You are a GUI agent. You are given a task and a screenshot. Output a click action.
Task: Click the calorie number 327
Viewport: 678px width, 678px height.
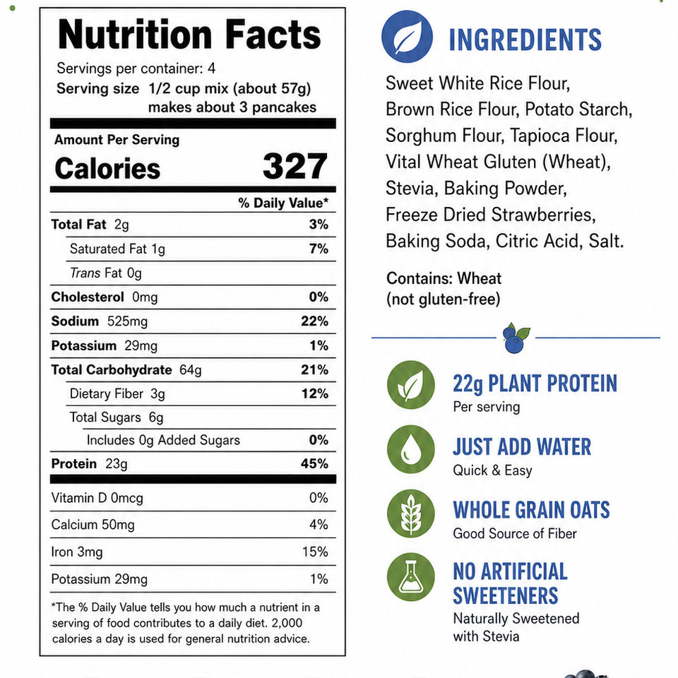295,166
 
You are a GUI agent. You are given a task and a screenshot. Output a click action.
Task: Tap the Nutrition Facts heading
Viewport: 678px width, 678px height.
189,35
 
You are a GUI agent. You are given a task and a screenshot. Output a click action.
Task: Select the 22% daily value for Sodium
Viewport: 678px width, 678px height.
314,321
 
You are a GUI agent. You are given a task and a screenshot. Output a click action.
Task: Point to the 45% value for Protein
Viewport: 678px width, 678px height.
314,463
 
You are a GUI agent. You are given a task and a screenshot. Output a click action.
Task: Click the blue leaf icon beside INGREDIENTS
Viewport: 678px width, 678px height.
407,37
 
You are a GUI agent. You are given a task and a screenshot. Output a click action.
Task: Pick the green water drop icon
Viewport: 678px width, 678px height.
411,449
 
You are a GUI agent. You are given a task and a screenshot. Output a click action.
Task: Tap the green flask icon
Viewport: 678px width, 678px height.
411,577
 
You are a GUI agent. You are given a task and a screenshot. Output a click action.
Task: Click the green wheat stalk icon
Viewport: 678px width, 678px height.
411,513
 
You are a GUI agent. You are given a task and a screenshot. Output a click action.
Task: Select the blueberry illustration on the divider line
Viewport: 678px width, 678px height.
516,338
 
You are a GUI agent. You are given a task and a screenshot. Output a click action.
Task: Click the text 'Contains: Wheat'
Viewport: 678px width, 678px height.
444,278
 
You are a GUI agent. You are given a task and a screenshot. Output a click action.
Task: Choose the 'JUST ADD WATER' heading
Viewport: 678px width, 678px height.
522,446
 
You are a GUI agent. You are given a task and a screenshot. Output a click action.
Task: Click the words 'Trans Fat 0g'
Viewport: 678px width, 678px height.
105,273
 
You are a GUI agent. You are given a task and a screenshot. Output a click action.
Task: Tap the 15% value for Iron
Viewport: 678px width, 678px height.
315,552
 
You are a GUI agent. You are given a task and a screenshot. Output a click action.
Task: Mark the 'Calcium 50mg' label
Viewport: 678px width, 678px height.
93,525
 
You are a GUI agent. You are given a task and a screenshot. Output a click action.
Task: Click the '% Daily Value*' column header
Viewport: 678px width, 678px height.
283,203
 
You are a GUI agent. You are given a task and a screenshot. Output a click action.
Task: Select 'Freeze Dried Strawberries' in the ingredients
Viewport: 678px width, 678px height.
490,215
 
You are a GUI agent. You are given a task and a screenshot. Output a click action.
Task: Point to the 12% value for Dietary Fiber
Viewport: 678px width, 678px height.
315,393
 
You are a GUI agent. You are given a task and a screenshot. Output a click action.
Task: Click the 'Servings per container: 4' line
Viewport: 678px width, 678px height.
136,69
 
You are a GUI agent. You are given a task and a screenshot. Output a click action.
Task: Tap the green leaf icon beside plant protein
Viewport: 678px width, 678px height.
411,385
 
